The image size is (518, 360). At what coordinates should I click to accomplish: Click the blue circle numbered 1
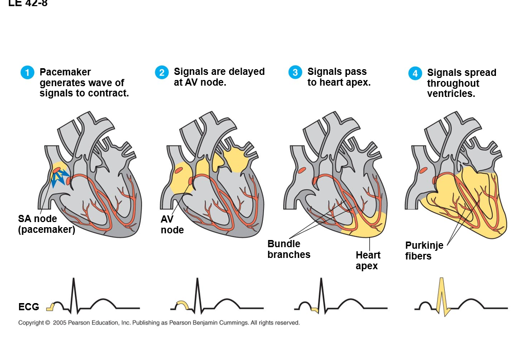pyautogui.click(x=27, y=73)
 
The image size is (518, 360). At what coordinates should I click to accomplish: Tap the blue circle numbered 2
pyautogui.click(x=161, y=72)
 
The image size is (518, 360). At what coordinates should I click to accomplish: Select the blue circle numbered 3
pyautogui.click(x=295, y=72)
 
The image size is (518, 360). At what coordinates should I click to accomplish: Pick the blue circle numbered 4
pyautogui.click(x=415, y=73)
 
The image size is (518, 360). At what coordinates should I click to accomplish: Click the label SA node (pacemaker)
pyautogui.click(x=46, y=224)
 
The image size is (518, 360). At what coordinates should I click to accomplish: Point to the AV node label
pyautogui.click(x=172, y=225)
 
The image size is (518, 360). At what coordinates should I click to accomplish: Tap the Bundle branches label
pyautogui.click(x=288, y=249)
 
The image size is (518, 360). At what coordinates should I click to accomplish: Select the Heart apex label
pyautogui.click(x=368, y=261)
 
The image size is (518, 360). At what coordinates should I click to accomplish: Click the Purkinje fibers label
pyautogui.click(x=424, y=250)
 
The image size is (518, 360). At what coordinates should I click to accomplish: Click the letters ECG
pyautogui.click(x=29, y=307)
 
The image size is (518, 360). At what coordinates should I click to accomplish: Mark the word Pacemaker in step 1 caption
pyautogui.click(x=65, y=72)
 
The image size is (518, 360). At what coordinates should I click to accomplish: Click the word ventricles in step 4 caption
pyautogui.click(x=451, y=94)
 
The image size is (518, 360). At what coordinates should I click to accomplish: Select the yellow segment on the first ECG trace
pyautogui.click(x=50, y=307)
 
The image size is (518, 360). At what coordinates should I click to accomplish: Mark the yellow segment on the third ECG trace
pyautogui.click(x=315, y=309)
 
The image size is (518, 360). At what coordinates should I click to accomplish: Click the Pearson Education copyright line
pyautogui.click(x=159, y=323)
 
